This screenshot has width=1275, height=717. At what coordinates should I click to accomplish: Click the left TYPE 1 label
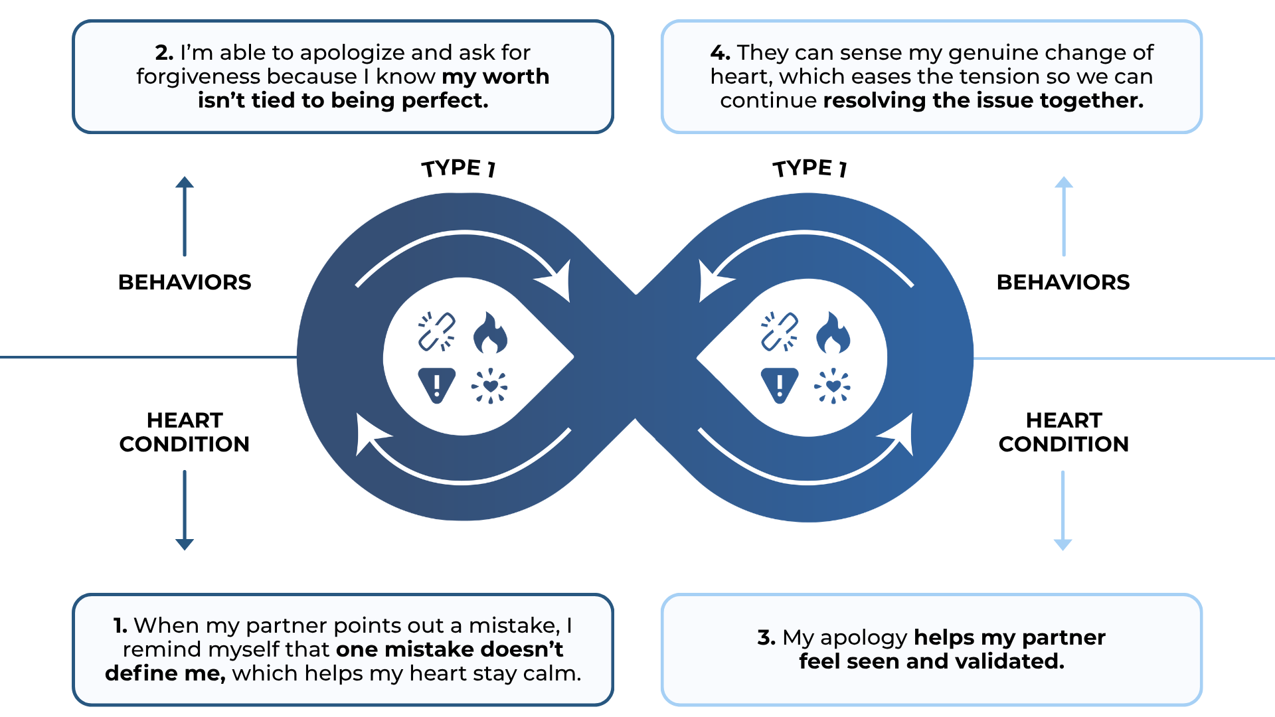pos(458,168)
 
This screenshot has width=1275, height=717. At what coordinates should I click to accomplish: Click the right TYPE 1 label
pos(809,168)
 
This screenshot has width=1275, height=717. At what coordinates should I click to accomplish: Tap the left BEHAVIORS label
pos(185,282)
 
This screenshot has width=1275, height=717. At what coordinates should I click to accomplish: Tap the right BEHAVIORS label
pos(1063,282)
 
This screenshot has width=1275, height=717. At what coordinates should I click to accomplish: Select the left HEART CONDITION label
pos(185,432)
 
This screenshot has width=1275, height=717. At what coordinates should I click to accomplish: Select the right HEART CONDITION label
pos(1063,432)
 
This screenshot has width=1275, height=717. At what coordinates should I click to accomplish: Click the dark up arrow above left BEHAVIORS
pos(185,216)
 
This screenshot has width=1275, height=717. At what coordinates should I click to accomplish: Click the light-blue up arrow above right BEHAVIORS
pos(1064,216)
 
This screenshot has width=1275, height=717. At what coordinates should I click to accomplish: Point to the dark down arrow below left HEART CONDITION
pos(185,510)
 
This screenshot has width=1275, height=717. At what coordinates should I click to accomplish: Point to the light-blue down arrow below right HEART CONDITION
pos(1063,510)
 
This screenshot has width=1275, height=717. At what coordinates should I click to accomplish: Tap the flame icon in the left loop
pos(490,333)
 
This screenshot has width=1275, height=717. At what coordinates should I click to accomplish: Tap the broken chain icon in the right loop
pos(779,331)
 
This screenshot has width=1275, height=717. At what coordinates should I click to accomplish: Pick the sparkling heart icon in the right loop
pos(833,386)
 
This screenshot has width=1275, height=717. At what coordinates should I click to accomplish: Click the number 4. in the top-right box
pos(721,52)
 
